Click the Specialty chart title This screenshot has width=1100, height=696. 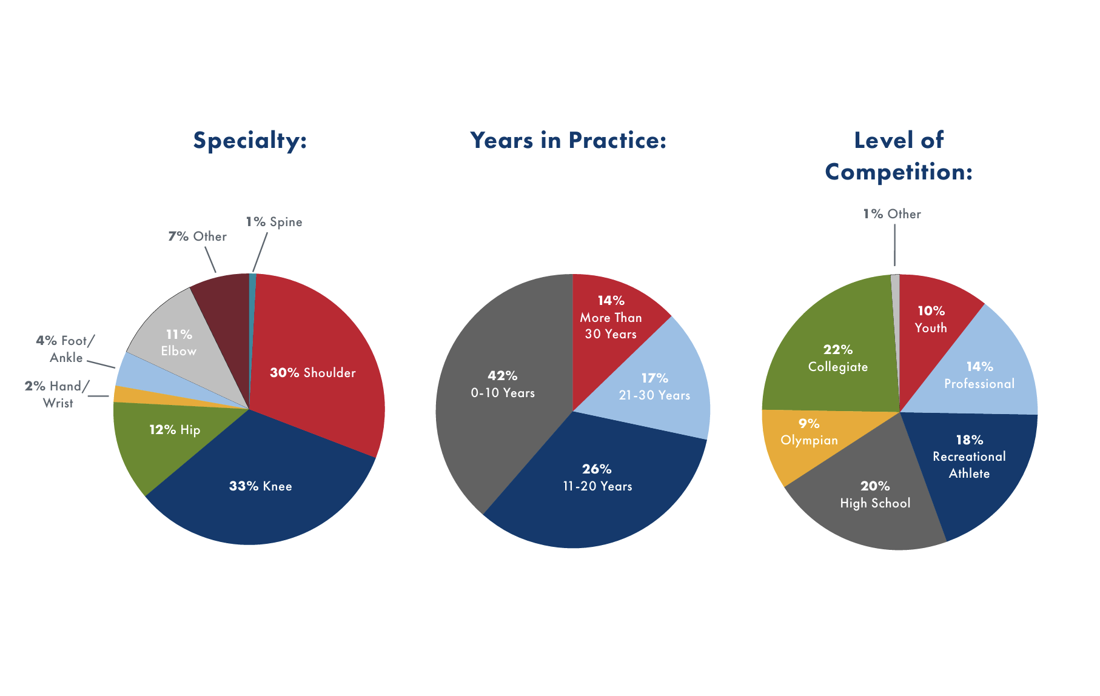pos(250,141)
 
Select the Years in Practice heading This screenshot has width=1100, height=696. pos(568,141)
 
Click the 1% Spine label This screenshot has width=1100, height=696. pos(274,222)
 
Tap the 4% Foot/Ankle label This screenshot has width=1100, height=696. pos(65,349)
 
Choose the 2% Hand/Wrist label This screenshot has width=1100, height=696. pos(57,395)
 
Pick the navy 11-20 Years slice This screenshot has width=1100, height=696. pos(597,485)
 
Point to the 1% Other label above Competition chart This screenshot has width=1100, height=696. pos(891,214)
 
